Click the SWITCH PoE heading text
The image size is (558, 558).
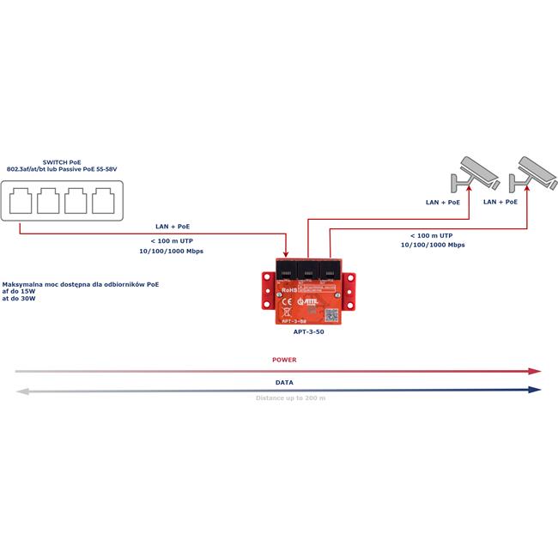[63, 161]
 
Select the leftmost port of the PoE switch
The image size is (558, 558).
[22, 204]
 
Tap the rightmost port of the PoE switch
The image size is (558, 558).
[104, 204]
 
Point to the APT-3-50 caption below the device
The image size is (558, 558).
[309, 331]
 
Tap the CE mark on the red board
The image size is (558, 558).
[288, 301]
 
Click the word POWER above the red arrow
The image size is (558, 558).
[284, 361]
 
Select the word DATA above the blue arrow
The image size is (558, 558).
[284, 382]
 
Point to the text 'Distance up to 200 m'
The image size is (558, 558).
[291, 398]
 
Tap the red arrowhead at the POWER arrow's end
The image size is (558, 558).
[535, 371]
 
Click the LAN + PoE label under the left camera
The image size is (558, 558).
[443, 203]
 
